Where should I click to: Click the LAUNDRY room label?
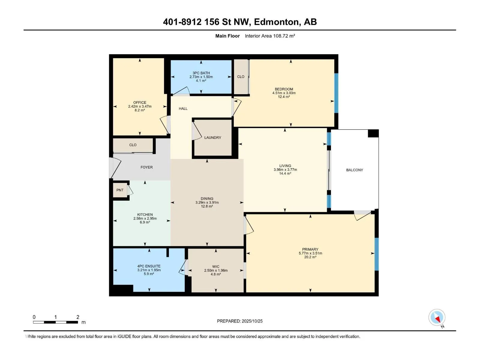213,137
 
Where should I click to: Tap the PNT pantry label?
120,190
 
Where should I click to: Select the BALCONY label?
355,170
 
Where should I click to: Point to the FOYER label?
146,167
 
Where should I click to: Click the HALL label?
183,108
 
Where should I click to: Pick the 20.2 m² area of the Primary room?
310,257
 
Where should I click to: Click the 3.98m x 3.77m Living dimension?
285,169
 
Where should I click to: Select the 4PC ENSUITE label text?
149,266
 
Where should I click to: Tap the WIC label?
216,266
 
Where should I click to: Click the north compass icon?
437,317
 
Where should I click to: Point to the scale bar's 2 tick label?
78,317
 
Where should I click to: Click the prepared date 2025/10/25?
252,321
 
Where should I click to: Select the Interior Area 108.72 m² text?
270,36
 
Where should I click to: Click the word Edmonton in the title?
277,22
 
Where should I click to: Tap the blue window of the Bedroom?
336,93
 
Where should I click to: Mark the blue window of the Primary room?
376,254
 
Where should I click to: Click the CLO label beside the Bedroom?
241,77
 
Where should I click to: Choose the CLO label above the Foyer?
133,145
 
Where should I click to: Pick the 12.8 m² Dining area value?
207,206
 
